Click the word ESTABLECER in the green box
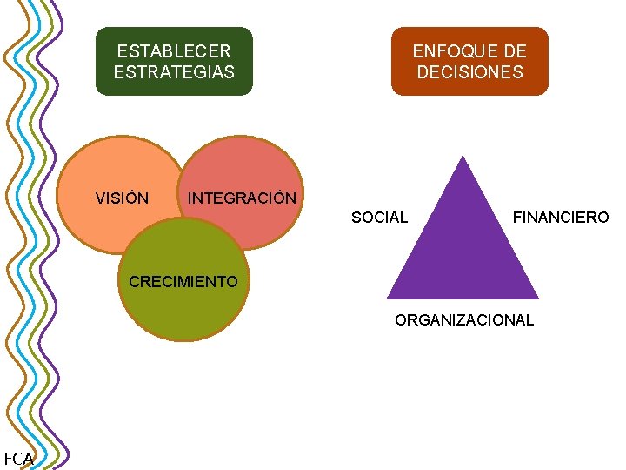pyautogui.click(x=174, y=51)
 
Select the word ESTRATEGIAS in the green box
pyautogui.click(x=174, y=71)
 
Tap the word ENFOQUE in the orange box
pyautogui.click(x=446, y=51)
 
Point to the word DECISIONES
pyautogui.click(x=469, y=71)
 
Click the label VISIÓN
pyautogui.click(x=122, y=198)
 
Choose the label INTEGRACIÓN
pyautogui.click(x=242, y=198)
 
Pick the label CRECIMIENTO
pyautogui.click(x=183, y=281)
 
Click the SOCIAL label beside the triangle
pyautogui.click(x=379, y=218)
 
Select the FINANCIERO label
pyautogui.click(x=561, y=218)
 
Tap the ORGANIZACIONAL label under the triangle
pyautogui.click(x=464, y=320)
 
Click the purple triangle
pyautogui.click(x=463, y=252)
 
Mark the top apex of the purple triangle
pyautogui.click(x=463, y=158)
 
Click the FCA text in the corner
pyautogui.click(x=17, y=459)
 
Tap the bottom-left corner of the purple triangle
pyautogui.click(x=390, y=297)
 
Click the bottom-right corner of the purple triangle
pyautogui.click(x=536, y=297)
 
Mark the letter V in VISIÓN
pyautogui.click(x=100, y=198)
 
